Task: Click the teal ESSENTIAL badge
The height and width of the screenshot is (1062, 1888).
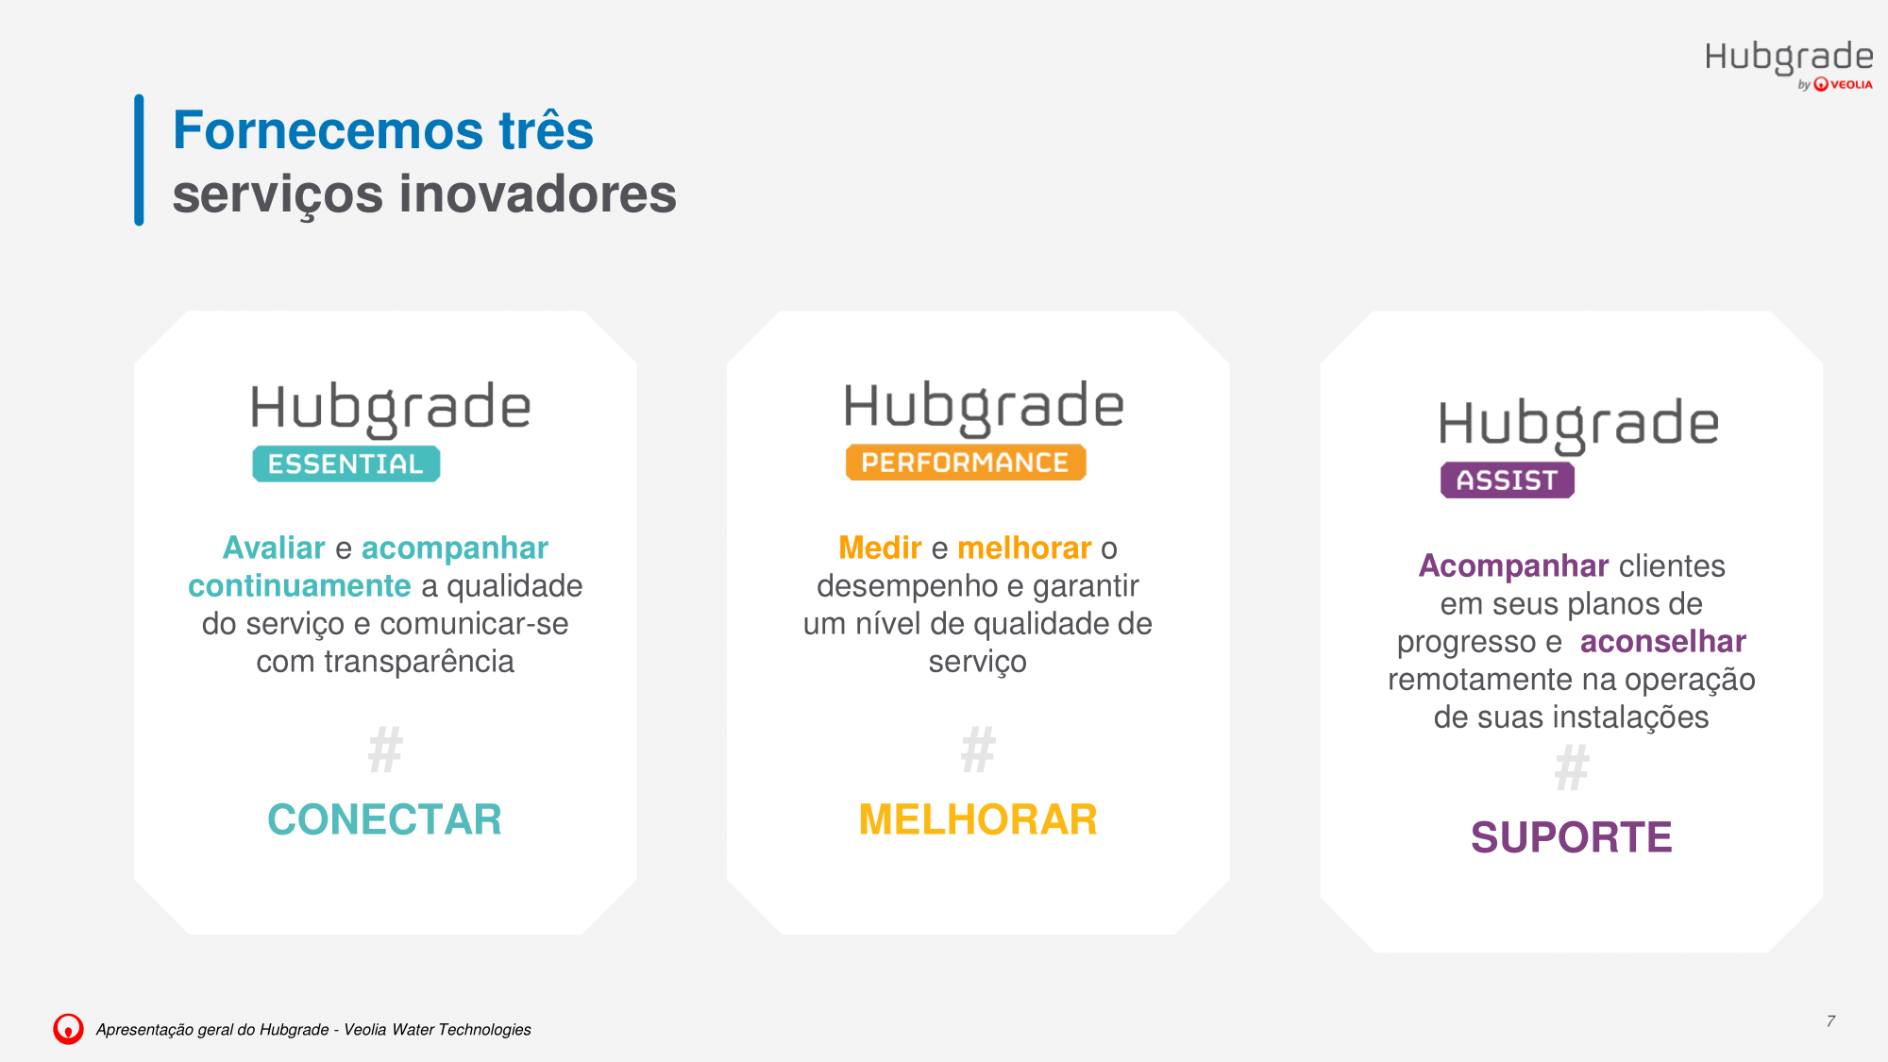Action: click(x=346, y=464)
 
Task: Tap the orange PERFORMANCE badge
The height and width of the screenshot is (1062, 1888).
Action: click(x=966, y=463)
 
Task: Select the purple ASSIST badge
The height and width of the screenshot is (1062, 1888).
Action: click(x=1508, y=480)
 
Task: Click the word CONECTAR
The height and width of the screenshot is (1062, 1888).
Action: click(x=384, y=819)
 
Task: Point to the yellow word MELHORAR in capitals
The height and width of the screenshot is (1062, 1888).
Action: click(x=978, y=819)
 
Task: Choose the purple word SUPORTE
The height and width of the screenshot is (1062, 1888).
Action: click(x=1572, y=837)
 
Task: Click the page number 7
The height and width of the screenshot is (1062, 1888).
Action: click(x=1830, y=1021)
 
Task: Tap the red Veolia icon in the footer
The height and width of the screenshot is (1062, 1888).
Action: click(x=68, y=1029)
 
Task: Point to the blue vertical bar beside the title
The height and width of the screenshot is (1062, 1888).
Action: click(x=139, y=160)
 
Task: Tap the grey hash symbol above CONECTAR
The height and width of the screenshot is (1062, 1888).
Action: click(x=385, y=750)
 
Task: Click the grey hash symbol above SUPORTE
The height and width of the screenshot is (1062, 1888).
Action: click(x=1572, y=768)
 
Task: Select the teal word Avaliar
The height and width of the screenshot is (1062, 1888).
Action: click(x=274, y=548)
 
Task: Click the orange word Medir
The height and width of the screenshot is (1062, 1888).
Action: click(x=880, y=548)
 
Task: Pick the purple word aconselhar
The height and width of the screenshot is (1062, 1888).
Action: click(x=1663, y=641)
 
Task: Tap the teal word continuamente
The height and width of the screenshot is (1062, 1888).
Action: click(x=299, y=585)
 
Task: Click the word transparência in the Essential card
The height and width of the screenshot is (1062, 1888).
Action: click(x=419, y=662)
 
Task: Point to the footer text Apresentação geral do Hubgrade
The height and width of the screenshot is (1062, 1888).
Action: click(x=212, y=1030)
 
